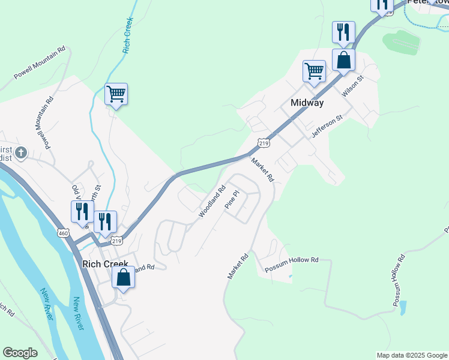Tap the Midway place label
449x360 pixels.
click(307, 103)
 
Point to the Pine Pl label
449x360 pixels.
click(232, 200)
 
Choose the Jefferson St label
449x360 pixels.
click(327, 127)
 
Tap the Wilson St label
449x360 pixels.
click(353, 86)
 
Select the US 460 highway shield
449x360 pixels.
click(65, 232)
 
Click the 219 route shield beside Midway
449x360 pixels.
click(264, 143)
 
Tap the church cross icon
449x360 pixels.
click(21, 152)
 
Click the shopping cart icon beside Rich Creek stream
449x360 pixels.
click(116, 94)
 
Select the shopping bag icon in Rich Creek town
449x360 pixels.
click(123, 277)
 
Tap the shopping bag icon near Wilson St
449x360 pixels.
click(343, 59)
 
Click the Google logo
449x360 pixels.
click(20, 353)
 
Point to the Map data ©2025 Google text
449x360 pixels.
click(412, 355)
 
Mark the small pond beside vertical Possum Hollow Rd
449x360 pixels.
click(402, 308)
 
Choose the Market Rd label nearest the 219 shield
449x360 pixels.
click(262, 170)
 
